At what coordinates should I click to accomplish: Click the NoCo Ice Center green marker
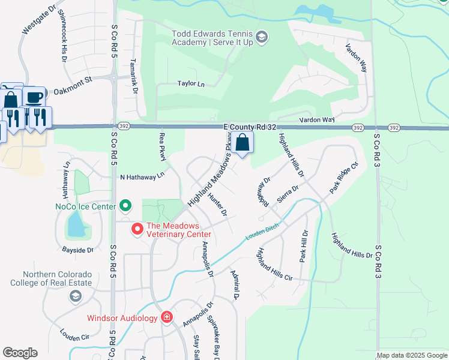click(125, 206)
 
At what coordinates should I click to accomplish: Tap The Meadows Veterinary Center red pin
click(137, 229)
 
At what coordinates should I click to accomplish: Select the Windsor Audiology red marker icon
click(167, 317)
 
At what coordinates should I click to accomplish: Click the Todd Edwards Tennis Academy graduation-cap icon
click(262, 38)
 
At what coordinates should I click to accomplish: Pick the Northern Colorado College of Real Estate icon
click(75, 296)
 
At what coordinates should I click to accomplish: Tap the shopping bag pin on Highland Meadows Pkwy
click(243, 143)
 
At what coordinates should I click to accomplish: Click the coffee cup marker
click(34, 95)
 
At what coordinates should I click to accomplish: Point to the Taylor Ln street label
click(191, 84)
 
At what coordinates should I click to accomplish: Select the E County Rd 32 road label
click(249, 127)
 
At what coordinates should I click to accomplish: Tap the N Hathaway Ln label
click(142, 177)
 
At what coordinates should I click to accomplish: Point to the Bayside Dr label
click(78, 250)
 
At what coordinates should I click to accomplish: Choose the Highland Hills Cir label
click(274, 265)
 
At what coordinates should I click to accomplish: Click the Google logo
click(20, 353)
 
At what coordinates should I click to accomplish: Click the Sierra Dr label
click(288, 194)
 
